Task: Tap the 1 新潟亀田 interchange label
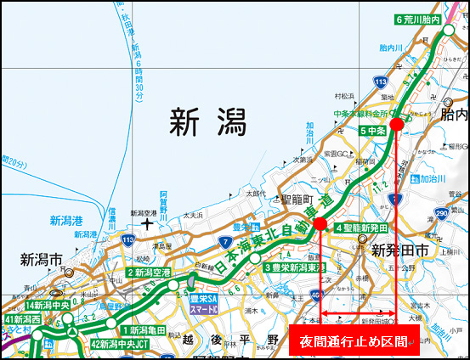point(146,329)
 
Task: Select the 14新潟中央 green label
point(48,305)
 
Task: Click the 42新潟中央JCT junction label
point(120,344)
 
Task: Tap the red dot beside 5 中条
point(396,124)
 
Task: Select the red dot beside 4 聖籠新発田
point(320,224)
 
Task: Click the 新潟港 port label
point(65,222)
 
